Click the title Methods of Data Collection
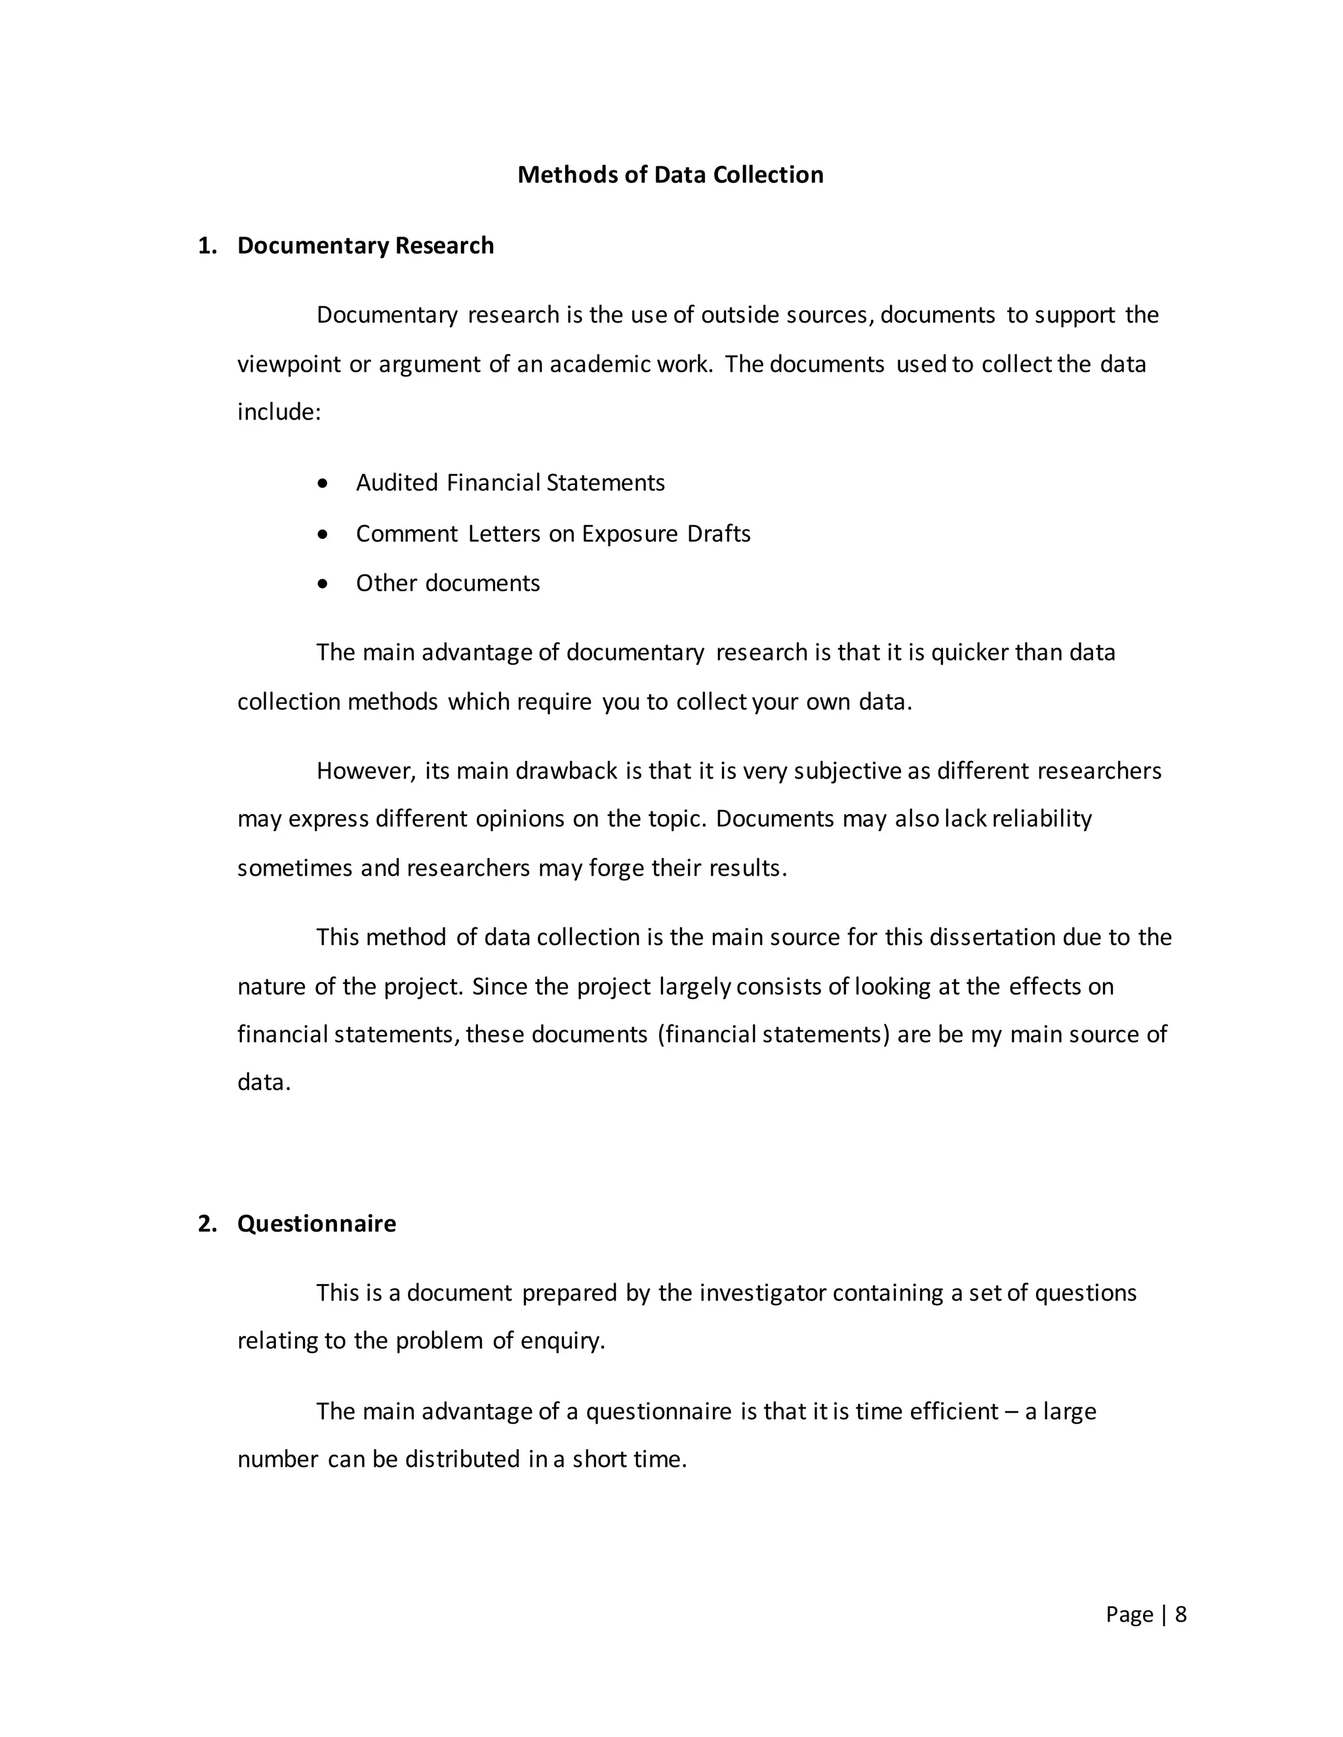(670, 175)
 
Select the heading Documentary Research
(365, 246)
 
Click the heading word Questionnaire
(317, 1224)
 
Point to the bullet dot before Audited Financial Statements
(322, 484)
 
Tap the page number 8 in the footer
(1180, 1614)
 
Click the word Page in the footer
(1129, 1614)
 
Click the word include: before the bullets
(279, 412)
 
